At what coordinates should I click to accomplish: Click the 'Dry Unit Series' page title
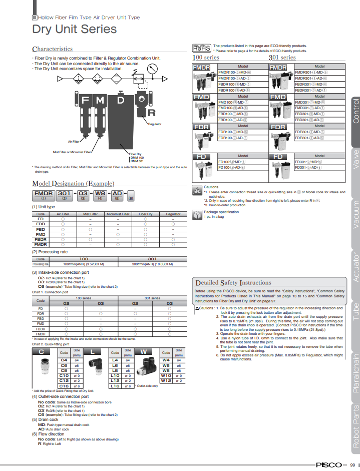pyautogui.click(x=74, y=29)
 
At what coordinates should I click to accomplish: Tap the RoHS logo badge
pyautogui.click(x=201, y=48)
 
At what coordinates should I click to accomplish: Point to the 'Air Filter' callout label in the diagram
pyautogui.click(x=74, y=141)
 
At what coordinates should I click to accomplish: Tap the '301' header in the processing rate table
pyautogui.click(x=152, y=259)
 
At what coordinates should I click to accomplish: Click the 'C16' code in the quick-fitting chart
pyautogui.click(x=64, y=386)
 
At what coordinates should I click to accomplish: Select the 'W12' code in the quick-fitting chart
pyautogui.click(x=166, y=380)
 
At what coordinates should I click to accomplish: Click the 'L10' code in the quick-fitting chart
pyautogui.click(x=115, y=375)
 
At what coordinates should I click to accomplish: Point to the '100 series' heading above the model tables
pyautogui.click(x=206, y=58)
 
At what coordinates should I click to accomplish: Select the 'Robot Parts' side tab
pyautogui.click(x=355, y=425)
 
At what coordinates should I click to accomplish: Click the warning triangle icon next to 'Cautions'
pyautogui.click(x=197, y=190)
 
